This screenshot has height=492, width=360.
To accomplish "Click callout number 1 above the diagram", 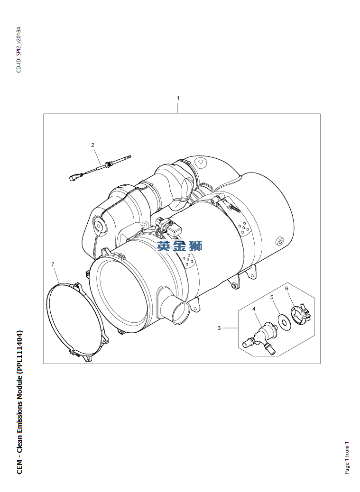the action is (x=178, y=98).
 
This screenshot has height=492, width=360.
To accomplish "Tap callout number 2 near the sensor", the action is (x=92, y=145).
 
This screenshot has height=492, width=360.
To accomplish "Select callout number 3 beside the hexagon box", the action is (x=219, y=328).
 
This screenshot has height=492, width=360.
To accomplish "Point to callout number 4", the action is (x=254, y=309).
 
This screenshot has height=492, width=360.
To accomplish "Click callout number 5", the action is (x=272, y=297).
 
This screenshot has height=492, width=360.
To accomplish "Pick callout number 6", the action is (x=286, y=288).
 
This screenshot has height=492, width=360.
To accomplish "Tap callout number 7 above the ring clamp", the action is (x=53, y=264).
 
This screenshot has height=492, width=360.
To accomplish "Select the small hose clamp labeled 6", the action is (x=301, y=313).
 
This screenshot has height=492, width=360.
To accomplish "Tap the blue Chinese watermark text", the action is (x=180, y=246).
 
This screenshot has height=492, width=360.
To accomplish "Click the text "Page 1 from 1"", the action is (x=347, y=458).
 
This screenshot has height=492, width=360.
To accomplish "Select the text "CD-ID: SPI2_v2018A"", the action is (x=18, y=50).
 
